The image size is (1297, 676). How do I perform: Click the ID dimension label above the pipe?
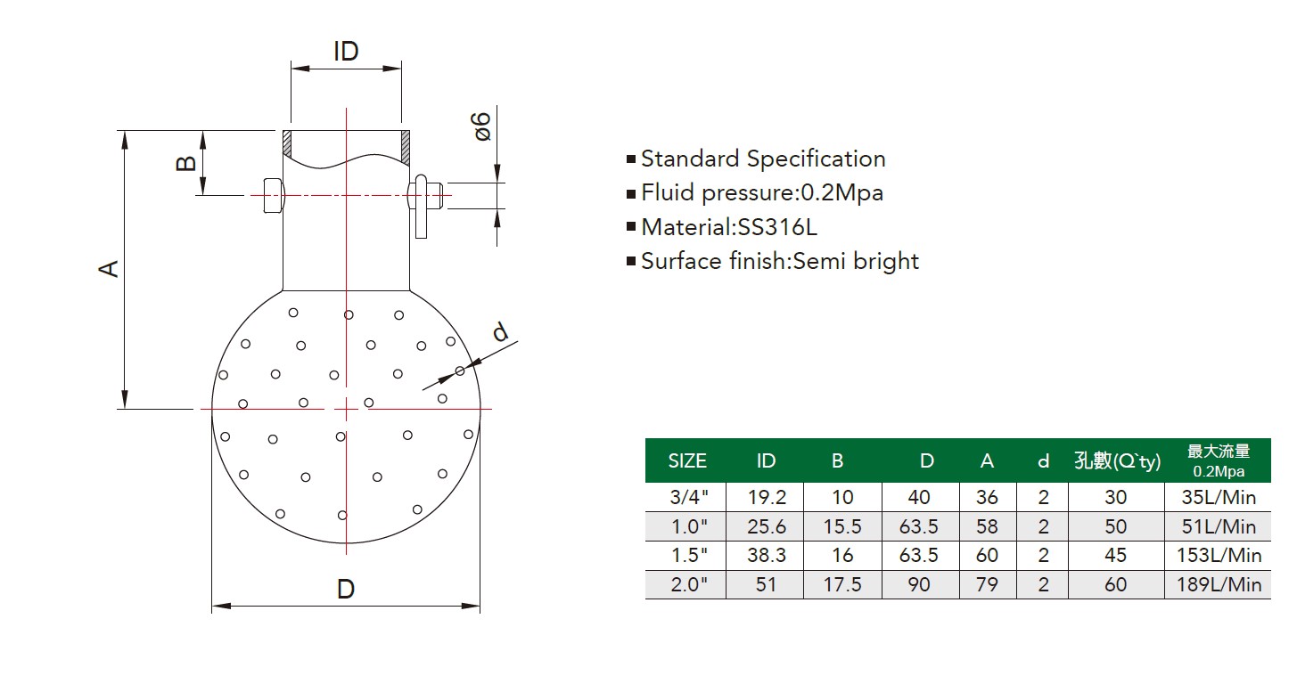coord(346,51)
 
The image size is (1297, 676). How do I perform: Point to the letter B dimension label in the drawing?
coord(186,163)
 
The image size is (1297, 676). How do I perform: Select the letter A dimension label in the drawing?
coord(109,269)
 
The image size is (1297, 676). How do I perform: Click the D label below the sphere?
coord(346,589)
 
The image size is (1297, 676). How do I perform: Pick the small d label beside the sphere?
coord(500,331)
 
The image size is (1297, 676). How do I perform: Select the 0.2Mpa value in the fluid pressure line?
coord(841,192)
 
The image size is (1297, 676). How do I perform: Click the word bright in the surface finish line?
coord(886,261)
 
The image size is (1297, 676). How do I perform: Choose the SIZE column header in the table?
coord(687,460)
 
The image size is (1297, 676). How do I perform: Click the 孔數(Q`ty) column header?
coord(1118,460)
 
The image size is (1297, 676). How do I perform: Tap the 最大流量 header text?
coord(1219,451)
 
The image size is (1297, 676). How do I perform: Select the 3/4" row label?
coord(689,497)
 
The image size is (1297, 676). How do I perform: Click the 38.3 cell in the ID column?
coord(766,555)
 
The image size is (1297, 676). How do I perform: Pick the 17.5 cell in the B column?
coord(842,584)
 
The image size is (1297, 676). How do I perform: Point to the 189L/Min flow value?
coord(1219,584)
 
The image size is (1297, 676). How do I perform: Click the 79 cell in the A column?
coord(987,584)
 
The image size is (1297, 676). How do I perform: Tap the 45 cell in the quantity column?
coord(1116,555)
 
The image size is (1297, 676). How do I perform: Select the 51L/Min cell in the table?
coord(1219,526)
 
